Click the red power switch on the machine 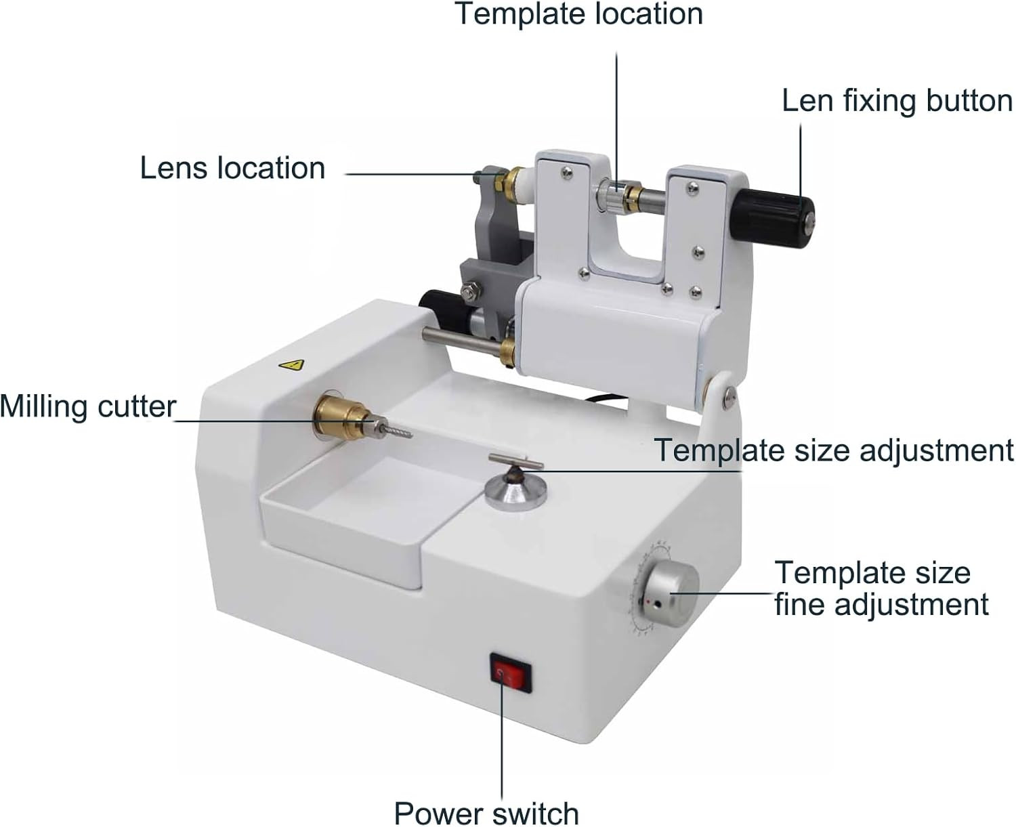[511, 676]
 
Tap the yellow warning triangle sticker [292, 365]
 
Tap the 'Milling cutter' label [88, 407]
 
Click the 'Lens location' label [232, 168]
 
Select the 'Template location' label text [579, 14]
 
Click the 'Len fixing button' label [897, 101]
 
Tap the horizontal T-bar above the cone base [515, 461]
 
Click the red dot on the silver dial [648, 603]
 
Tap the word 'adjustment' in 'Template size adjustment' [936, 450]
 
